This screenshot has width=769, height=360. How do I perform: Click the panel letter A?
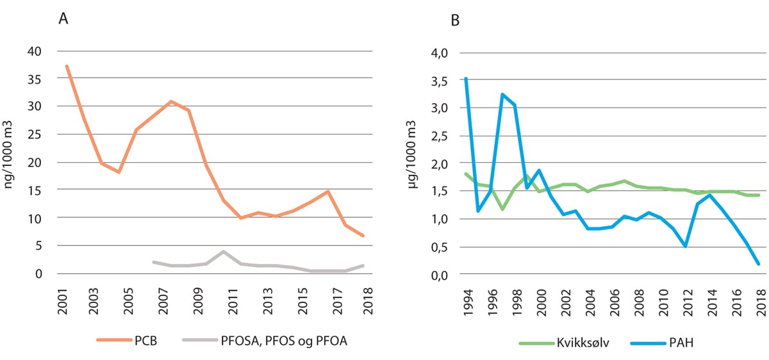[63, 19]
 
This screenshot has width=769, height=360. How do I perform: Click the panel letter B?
[454, 20]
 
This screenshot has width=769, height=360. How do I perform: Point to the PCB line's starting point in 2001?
[67, 66]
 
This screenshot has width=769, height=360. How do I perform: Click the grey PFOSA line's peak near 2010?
[222, 252]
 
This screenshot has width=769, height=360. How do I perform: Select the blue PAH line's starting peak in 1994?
[466, 78]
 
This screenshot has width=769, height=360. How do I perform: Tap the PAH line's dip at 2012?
[686, 246]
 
